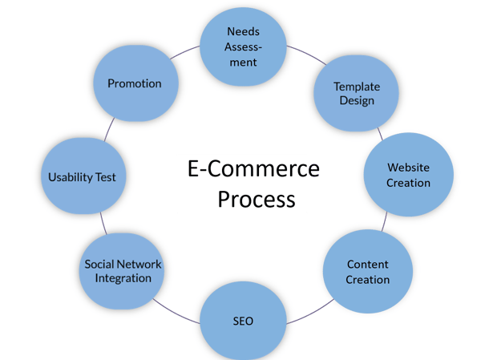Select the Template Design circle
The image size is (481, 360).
(x=356, y=94)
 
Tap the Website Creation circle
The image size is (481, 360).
(x=408, y=176)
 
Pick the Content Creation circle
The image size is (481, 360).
(x=367, y=271)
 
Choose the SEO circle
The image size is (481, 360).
(x=242, y=321)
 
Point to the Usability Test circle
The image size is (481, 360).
(x=82, y=176)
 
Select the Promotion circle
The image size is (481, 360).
(x=134, y=83)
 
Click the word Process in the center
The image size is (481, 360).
(x=256, y=198)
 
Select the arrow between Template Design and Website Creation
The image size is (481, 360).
(x=378, y=133)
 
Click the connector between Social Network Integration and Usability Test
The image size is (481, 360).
(x=103, y=222)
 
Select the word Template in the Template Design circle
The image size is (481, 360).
(x=357, y=87)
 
